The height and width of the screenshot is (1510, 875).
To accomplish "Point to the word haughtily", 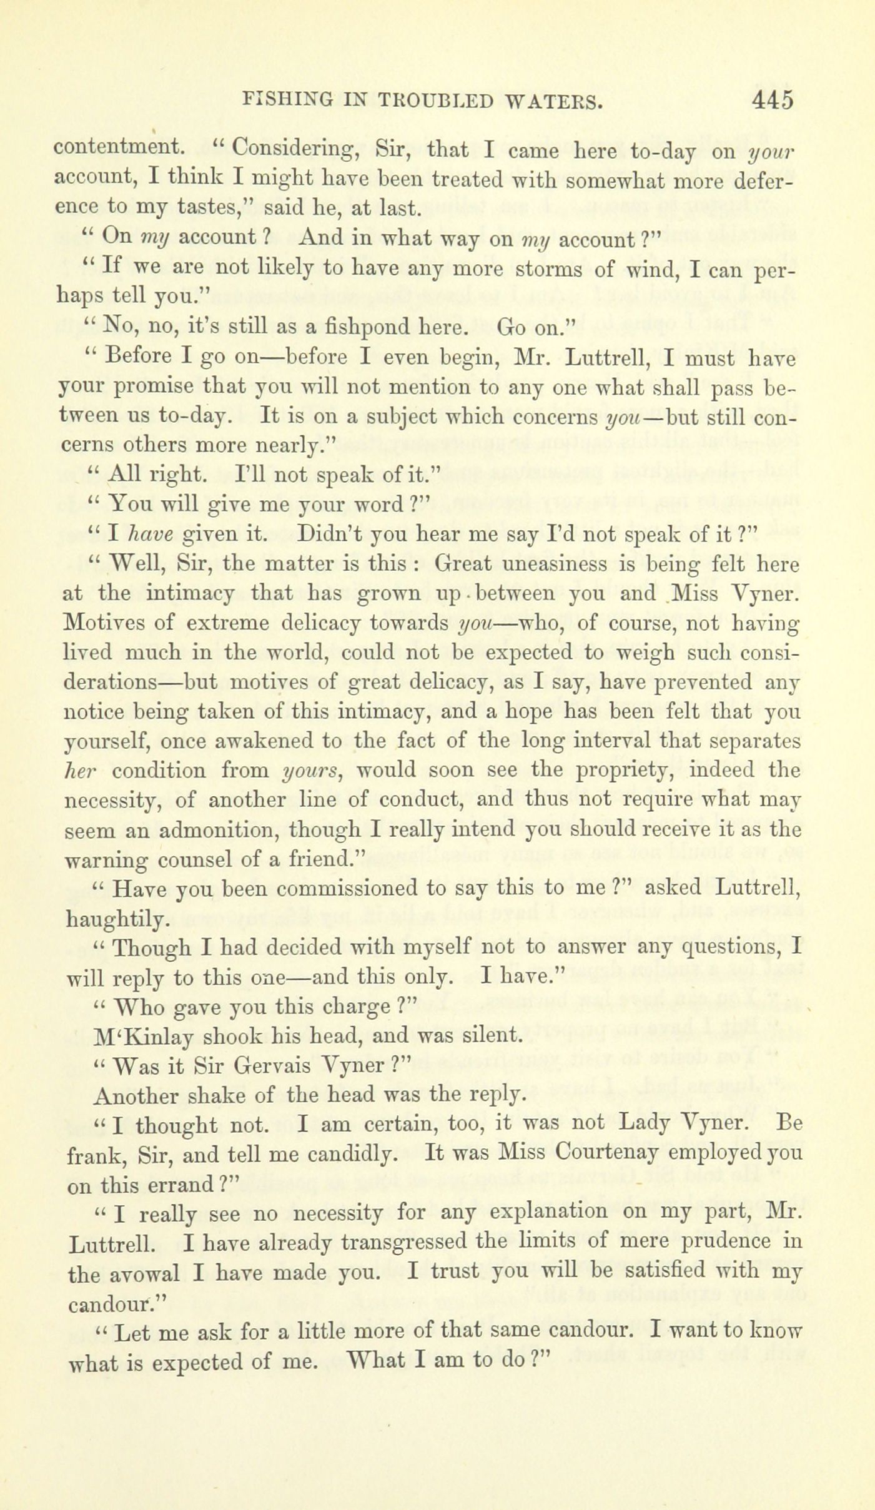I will coord(116,919).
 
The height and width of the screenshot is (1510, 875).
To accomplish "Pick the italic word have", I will coord(148,535).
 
